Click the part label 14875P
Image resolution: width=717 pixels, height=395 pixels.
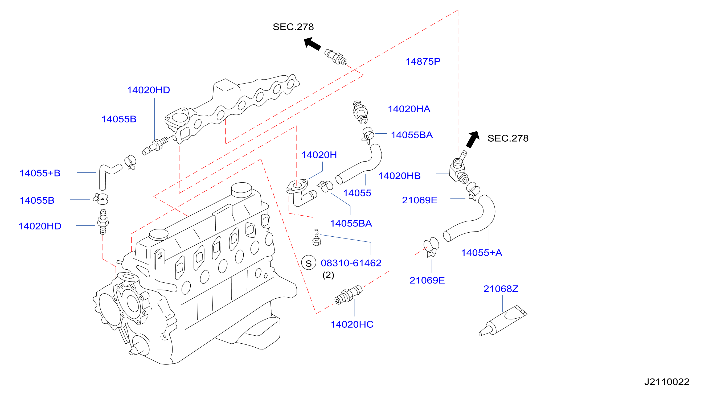point(423,61)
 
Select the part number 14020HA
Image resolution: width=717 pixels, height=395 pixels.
point(409,109)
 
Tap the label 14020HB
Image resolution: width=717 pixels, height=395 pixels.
point(399,176)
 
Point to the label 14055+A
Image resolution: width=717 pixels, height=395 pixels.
point(482,253)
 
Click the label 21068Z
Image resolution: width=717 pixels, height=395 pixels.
point(501,289)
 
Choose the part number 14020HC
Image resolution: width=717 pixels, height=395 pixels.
point(352,324)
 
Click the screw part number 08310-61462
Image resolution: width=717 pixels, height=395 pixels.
point(351,263)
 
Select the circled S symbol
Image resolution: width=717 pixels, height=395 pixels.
point(309,263)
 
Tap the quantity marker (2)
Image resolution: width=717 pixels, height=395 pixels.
point(328,275)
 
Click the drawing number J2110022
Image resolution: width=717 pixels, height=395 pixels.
point(667,382)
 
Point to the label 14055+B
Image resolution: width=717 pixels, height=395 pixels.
point(40,173)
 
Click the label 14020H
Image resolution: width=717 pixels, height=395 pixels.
point(319,155)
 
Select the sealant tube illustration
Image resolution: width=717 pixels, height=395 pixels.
point(503,321)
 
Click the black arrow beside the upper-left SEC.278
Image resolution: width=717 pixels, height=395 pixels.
point(312,44)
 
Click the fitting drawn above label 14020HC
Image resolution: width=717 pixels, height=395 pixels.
point(348,295)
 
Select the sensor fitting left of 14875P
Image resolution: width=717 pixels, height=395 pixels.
point(336,57)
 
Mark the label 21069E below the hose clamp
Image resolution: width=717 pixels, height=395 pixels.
point(427,280)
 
